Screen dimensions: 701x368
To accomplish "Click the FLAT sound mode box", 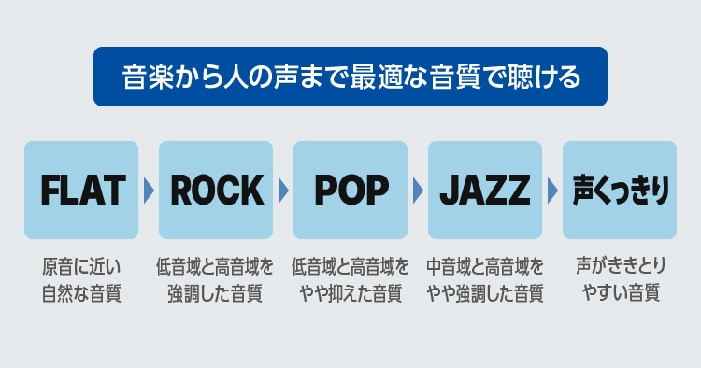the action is [x=81, y=190].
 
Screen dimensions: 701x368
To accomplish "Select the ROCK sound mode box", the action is [x=216, y=190].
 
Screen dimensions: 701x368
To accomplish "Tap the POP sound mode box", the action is [x=350, y=190].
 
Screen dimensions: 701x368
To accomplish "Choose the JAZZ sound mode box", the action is [x=485, y=190].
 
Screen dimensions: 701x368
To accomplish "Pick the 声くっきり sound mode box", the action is [x=620, y=190].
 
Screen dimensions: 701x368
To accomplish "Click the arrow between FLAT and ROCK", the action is [x=149, y=191].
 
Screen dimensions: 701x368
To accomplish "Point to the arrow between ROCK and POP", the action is [x=283, y=191].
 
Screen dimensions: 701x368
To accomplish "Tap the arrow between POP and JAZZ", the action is [x=418, y=191].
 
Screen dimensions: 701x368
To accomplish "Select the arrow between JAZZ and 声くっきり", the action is [x=552, y=191].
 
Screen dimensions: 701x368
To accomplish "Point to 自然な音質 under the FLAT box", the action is [x=81, y=293].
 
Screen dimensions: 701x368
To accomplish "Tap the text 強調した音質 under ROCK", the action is [x=216, y=293].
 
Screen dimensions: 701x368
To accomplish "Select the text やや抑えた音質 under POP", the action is [x=350, y=293].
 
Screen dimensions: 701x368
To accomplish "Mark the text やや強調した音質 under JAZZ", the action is [x=485, y=293].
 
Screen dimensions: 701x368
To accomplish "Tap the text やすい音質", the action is [x=620, y=293].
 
